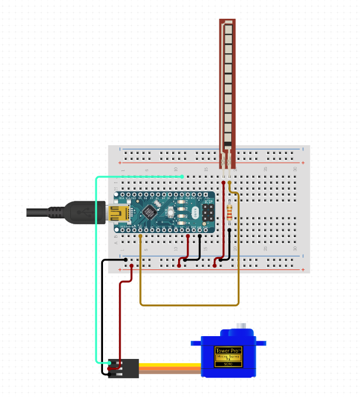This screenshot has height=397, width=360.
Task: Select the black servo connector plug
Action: (x=124, y=368)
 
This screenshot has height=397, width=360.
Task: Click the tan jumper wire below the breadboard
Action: (x=187, y=304)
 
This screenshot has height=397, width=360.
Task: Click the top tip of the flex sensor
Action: (x=227, y=22)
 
